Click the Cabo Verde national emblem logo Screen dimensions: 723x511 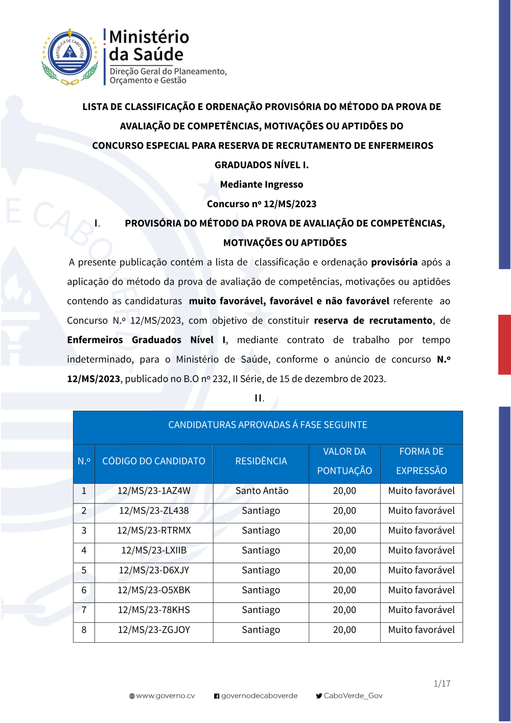tap(69, 57)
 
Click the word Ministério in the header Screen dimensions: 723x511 tap(149, 37)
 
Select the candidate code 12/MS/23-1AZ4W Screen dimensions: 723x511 tap(154, 491)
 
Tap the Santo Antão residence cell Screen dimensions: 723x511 tap(262, 491)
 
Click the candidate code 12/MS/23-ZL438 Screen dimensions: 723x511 tap(154, 511)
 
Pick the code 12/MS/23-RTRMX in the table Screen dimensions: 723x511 tap(154, 531)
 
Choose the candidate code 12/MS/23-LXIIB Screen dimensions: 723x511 tap(154, 551)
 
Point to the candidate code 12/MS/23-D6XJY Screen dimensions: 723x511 tap(154, 571)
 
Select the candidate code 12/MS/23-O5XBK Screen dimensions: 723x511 tap(154, 591)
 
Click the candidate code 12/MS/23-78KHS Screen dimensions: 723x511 tap(154, 611)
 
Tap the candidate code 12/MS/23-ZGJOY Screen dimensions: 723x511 tap(154, 631)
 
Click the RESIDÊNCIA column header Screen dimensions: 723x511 tap(261, 461)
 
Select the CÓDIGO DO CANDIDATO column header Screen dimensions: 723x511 tap(154, 461)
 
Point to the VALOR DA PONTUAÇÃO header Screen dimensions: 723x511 tap(344, 461)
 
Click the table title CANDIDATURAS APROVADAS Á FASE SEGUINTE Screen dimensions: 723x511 tap(268, 425)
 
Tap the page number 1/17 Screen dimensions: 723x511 tap(442, 684)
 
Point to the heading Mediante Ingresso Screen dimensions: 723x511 tap(262, 184)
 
